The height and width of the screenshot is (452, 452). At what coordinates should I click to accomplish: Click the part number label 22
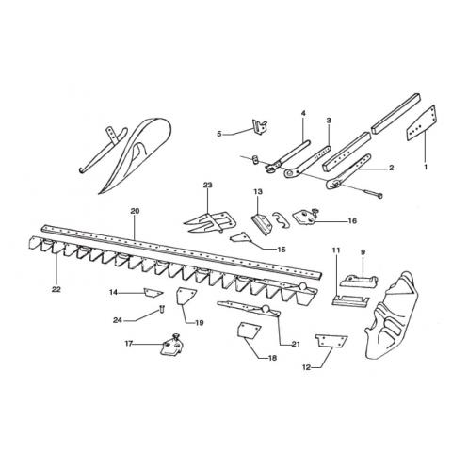point(56,289)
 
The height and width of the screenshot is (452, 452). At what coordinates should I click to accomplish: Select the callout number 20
point(135,211)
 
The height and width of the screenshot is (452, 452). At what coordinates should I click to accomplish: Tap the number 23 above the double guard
point(207,186)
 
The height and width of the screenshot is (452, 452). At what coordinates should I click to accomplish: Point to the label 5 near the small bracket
point(219,134)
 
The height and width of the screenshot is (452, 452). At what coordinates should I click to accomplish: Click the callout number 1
point(426,168)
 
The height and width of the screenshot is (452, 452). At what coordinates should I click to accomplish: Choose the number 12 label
point(307,367)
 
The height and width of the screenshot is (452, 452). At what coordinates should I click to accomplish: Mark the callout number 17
point(129,344)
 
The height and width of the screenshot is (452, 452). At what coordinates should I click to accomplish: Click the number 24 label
point(118,321)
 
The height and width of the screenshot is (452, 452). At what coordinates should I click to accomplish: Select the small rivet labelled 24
point(162,309)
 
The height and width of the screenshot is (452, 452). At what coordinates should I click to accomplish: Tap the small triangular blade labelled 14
point(153,293)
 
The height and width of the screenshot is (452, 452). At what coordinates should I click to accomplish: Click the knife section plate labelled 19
point(186,297)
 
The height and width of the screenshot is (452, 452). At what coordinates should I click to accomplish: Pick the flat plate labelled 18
point(249,331)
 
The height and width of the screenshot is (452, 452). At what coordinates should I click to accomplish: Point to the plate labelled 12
point(331,341)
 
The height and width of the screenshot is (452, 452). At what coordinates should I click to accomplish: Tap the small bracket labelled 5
point(260,127)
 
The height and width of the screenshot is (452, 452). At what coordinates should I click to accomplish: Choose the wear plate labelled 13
point(262,224)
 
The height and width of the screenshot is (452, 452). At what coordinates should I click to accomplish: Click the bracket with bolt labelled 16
point(305,217)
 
